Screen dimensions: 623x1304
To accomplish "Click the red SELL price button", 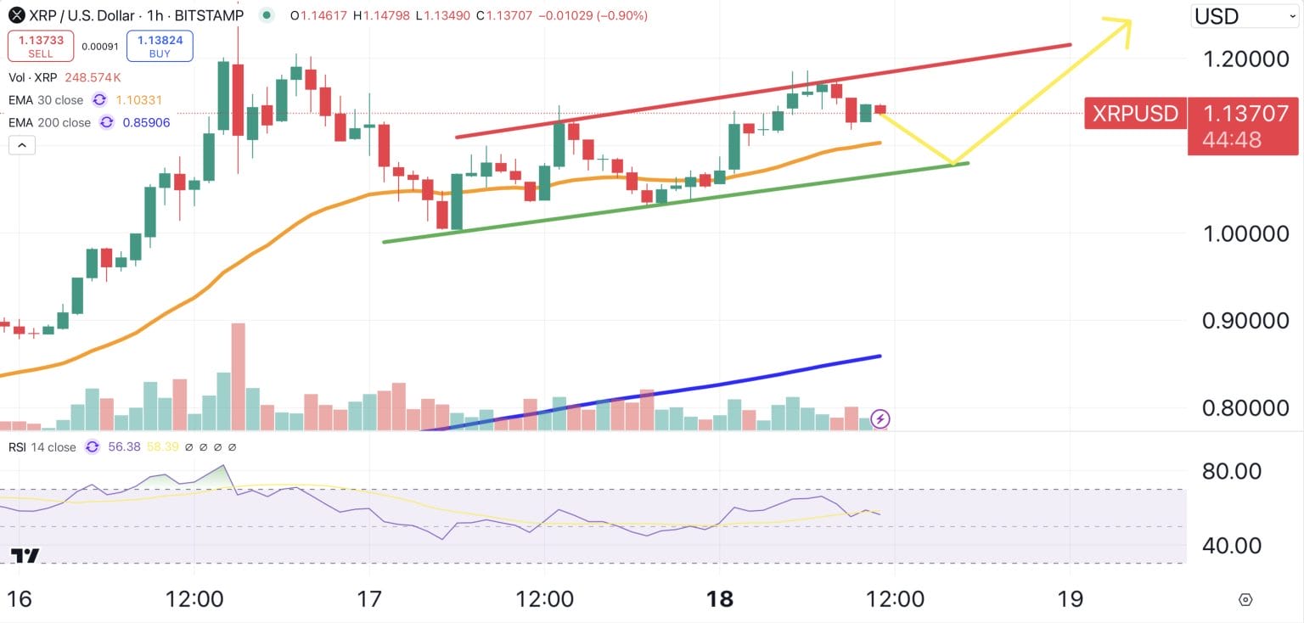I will tap(40, 47).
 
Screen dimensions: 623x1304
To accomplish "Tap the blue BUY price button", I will tap(160, 47).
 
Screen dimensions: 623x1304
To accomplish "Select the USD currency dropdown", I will tap(1244, 16).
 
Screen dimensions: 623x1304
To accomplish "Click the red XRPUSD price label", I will tap(1135, 114).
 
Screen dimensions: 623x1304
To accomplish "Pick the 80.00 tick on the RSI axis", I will tap(1232, 471).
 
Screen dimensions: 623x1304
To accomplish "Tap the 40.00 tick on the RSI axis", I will tap(1232, 546).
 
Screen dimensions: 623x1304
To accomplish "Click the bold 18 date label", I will tap(720, 599).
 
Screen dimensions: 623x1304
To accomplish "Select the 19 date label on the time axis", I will tap(1071, 599).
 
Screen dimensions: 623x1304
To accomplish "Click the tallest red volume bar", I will tap(238, 376).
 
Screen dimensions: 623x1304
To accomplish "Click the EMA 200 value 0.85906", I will tap(146, 122).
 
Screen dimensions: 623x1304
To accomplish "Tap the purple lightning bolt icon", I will tap(880, 418).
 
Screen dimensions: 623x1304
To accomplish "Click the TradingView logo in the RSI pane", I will tap(25, 556).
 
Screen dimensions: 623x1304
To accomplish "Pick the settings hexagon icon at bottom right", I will tap(1245, 599).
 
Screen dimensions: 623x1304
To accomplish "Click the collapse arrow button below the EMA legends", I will tap(22, 146).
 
